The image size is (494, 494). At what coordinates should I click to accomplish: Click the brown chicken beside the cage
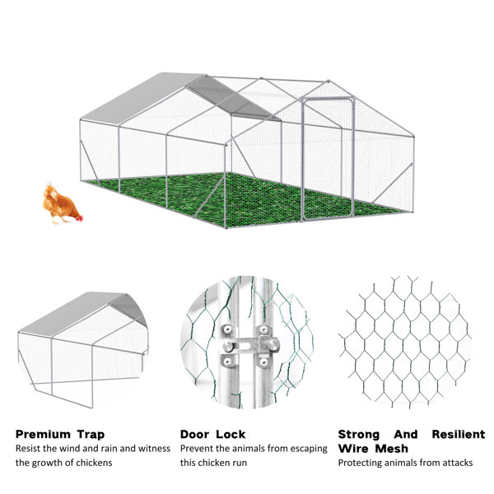coord(62,204)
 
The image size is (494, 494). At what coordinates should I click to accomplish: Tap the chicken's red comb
coord(81,218)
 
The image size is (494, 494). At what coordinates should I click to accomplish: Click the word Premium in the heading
coord(43,435)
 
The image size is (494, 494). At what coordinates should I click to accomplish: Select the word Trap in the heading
coord(91,435)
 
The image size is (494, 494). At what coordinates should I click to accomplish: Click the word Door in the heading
coord(194,435)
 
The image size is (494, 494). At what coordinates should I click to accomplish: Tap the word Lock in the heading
coord(231,435)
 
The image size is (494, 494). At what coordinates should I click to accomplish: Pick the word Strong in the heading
coord(358,435)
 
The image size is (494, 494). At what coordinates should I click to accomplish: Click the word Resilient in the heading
coord(459,435)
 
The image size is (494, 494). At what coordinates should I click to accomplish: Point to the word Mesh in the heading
coord(392,449)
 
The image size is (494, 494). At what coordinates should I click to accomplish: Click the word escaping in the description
coord(309,449)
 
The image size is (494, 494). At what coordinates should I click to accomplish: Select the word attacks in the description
coord(458,463)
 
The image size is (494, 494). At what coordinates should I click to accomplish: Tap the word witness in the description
coord(155,449)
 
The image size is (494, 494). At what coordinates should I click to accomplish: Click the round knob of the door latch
coord(273,343)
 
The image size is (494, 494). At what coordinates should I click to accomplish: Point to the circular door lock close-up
coord(247,343)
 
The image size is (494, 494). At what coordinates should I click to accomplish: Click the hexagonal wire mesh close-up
coord(404,343)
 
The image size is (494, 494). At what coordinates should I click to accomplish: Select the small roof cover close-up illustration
coord(83,350)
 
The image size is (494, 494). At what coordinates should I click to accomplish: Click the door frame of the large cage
coord(328,157)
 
